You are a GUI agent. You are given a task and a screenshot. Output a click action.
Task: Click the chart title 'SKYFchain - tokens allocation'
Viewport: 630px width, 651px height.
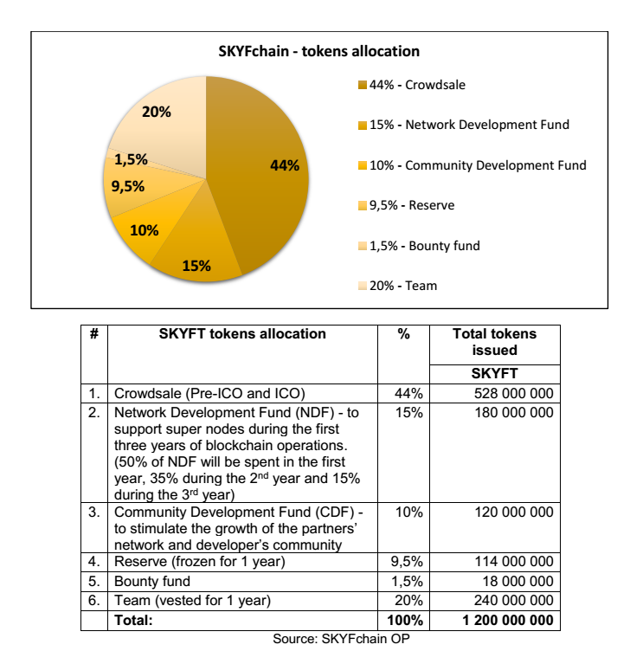[x=318, y=51]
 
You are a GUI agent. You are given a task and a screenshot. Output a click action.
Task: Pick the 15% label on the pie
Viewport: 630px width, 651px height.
[x=196, y=266]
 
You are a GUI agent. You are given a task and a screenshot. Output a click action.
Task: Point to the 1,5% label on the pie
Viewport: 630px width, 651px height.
[x=131, y=159]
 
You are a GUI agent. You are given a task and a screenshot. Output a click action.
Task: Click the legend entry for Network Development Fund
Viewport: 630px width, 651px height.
[x=468, y=125]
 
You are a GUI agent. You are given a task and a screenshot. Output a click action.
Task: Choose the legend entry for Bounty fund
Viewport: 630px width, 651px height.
[x=423, y=246]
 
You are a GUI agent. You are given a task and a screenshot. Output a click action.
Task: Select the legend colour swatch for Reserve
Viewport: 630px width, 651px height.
[x=363, y=206]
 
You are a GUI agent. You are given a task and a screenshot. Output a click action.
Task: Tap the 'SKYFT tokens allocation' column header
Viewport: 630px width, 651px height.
[x=242, y=334]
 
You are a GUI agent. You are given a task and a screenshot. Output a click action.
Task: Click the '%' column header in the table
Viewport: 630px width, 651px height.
[x=403, y=334]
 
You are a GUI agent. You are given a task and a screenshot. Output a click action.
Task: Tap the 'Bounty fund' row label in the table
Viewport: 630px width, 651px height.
[x=152, y=581]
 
